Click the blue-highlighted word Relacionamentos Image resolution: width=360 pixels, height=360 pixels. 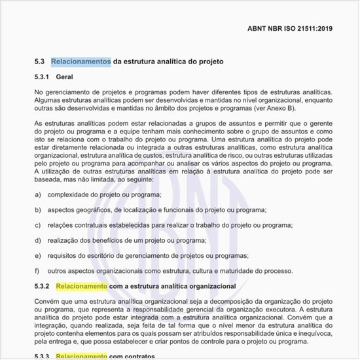point(81,62)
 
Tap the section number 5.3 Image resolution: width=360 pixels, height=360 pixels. point(39,62)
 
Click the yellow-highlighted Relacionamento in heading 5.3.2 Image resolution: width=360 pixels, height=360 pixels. point(81,286)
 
